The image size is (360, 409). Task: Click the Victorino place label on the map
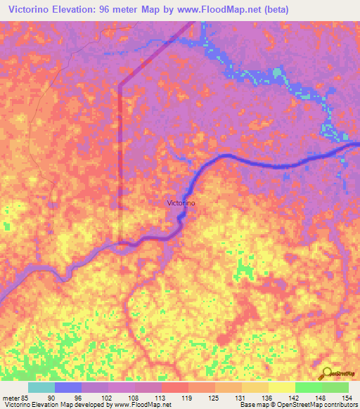(181, 203)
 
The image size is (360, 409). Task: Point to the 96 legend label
(77, 397)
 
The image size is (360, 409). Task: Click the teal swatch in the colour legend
(41, 387)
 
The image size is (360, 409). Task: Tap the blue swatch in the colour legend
(68, 387)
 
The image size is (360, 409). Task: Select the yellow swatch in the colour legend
(282, 387)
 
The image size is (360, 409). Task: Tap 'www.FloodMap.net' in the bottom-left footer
(138, 405)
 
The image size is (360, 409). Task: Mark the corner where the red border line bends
(120, 86)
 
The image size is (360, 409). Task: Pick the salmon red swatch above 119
(175, 387)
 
